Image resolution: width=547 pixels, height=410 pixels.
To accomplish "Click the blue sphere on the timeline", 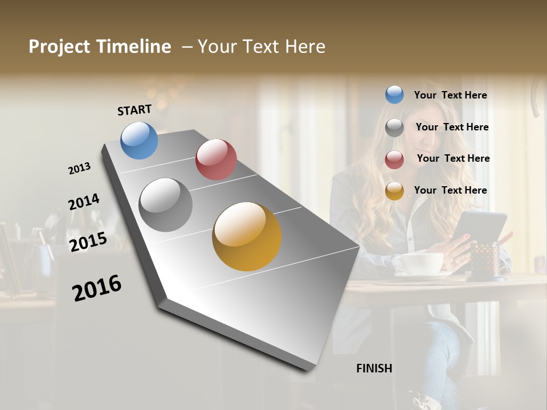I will point(140,140).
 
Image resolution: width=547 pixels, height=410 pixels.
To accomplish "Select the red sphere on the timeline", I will point(216,159).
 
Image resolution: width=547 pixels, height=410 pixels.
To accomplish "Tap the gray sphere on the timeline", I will point(166,205).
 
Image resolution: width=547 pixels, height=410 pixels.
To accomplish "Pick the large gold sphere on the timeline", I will point(247,236).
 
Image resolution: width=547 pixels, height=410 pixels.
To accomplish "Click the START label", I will point(134,110).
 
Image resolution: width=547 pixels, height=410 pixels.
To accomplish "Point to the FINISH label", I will point(374,368).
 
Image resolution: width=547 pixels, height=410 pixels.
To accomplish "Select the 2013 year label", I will point(79,169).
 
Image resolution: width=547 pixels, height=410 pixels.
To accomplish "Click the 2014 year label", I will point(84,202).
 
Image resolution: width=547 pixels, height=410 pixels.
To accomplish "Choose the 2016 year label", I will point(97,288).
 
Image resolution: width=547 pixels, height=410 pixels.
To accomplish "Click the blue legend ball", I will point(394,95).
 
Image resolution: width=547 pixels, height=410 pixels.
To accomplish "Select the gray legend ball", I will point(394,127).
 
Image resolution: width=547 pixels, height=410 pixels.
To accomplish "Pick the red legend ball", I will point(394,159).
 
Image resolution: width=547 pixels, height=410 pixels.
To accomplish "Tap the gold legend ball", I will point(394,191).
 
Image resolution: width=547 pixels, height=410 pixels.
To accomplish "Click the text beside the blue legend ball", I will point(450,95).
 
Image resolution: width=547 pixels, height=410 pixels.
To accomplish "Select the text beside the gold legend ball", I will point(450,190).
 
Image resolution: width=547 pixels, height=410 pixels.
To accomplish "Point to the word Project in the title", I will point(59,47).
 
